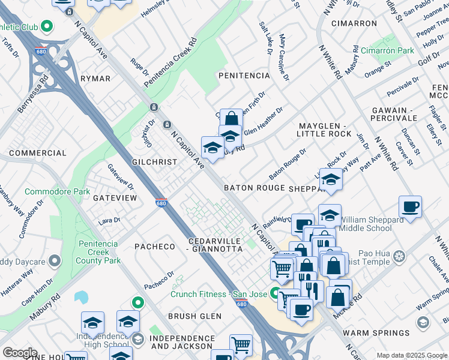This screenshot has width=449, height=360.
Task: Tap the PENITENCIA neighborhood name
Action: [244, 76]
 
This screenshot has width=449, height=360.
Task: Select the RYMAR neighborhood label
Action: [95, 79]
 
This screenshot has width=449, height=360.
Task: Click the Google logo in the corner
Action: [20, 353]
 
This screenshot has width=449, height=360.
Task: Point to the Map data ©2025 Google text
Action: [412, 355]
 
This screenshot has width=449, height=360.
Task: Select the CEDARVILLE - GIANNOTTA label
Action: [214, 245]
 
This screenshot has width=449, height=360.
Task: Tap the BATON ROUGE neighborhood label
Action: [254, 188]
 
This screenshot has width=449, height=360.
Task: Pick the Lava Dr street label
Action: [109, 221]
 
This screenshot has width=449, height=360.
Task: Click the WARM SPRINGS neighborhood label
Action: [376, 332]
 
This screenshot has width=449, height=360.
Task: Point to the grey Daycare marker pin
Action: [55, 261]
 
